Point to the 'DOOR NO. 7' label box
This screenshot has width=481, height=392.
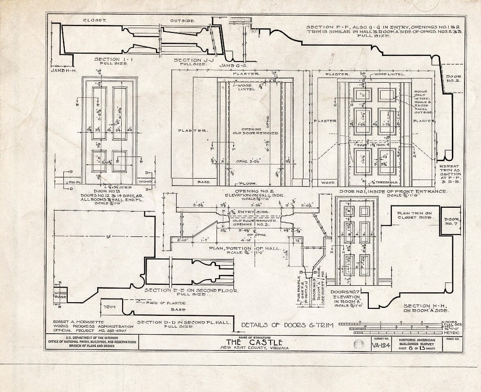pos(452,220)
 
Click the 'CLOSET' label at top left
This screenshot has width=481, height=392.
pos(95,21)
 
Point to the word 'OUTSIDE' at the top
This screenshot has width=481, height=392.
pos(182,21)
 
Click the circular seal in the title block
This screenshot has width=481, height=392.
pos(358,345)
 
